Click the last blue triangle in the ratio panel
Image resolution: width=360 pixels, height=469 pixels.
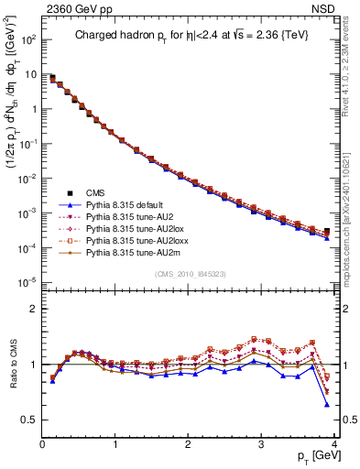(327, 404)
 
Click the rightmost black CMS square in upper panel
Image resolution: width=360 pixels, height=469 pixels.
(327, 232)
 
